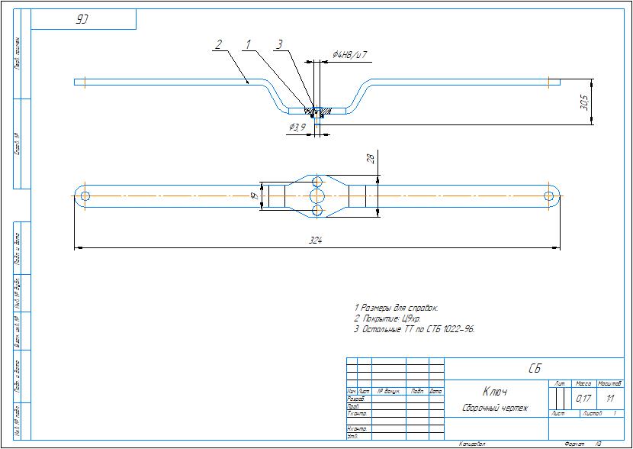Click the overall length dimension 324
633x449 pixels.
pyautogui.click(x=315, y=241)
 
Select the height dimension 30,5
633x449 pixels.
pyautogui.click(x=585, y=101)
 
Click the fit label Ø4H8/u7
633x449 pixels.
pyautogui.click(x=350, y=55)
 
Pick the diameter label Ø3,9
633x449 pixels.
pyautogui.click(x=297, y=127)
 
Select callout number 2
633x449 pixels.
pyautogui.click(x=218, y=45)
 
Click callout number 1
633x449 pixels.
pyautogui.click(x=248, y=45)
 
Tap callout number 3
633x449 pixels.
pyautogui.click(x=279, y=45)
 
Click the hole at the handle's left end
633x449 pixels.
pyautogui.click(x=83, y=195)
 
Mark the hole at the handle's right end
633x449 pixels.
pyautogui.click(x=549, y=196)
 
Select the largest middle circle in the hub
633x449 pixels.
pyautogui.click(x=316, y=195)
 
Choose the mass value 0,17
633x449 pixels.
pyautogui.click(x=583, y=399)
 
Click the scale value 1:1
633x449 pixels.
pyautogui.click(x=610, y=399)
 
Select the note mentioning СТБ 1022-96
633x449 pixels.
pyautogui.click(x=415, y=329)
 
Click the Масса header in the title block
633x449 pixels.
pyautogui.click(x=583, y=383)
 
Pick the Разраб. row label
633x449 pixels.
pyautogui.click(x=355, y=399)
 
